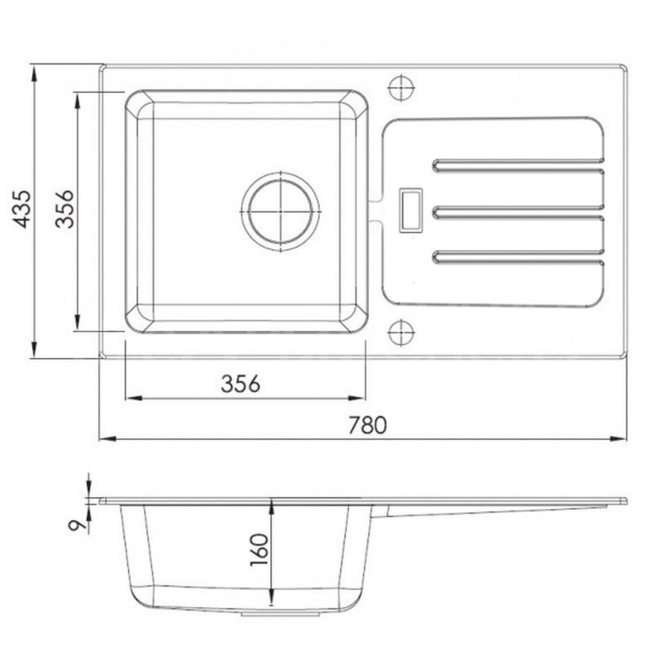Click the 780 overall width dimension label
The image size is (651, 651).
click(x=367, y=424)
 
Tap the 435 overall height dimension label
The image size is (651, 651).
click(x=22, y=209)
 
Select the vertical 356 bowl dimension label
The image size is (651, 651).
click(x=64, y=209)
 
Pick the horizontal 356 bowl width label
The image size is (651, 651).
click(x=241, y=383)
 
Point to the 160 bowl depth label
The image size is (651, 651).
click(x=259, y=550)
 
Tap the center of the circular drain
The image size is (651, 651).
click(x=281, y=212)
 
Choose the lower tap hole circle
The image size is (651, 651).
click(x=401, y=333)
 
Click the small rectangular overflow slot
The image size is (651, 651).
click(x=411, y=210)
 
